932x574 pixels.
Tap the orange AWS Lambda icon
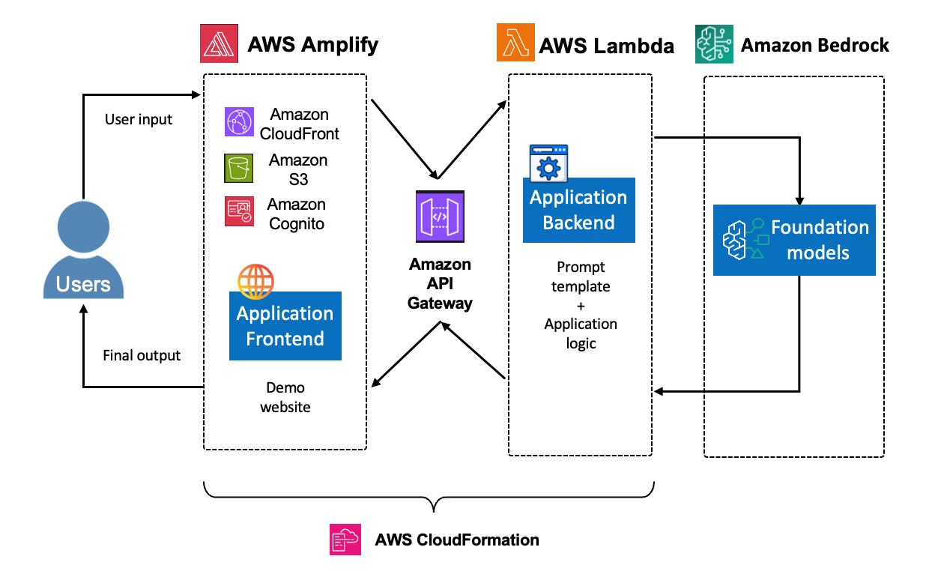pyautogui.click(x=515, y=43)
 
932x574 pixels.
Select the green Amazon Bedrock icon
pyautogui.click(x=713, y=43)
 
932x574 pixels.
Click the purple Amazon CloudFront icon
pyautogui.click(x=239, y=122)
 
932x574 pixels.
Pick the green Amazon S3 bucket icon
pyautogui.click(x=239, y=169)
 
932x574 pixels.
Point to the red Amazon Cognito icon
pyautogui.click(x=239, y=211)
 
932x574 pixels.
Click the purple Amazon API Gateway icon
pyautogui.click(x=440, y=216)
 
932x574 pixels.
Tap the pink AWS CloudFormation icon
pyautogui.click(x=345, y=539)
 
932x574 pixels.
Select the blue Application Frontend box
pyautogui.click(x=285, y=326)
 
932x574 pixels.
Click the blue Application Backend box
pyautogui.click(x=578, y=211)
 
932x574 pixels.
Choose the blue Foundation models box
pyautogui.click(x=794, y=240)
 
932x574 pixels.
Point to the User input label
pyautogui.click(x=139, y=119)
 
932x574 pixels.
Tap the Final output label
pyautogui.click(x=142, y=355)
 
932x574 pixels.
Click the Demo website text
pyautogui.click(x=285, y=397)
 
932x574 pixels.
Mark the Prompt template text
pyautogui.click(x=581, y=277)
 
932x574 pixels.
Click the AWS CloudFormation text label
pyautogui.click(x=457, y=540)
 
